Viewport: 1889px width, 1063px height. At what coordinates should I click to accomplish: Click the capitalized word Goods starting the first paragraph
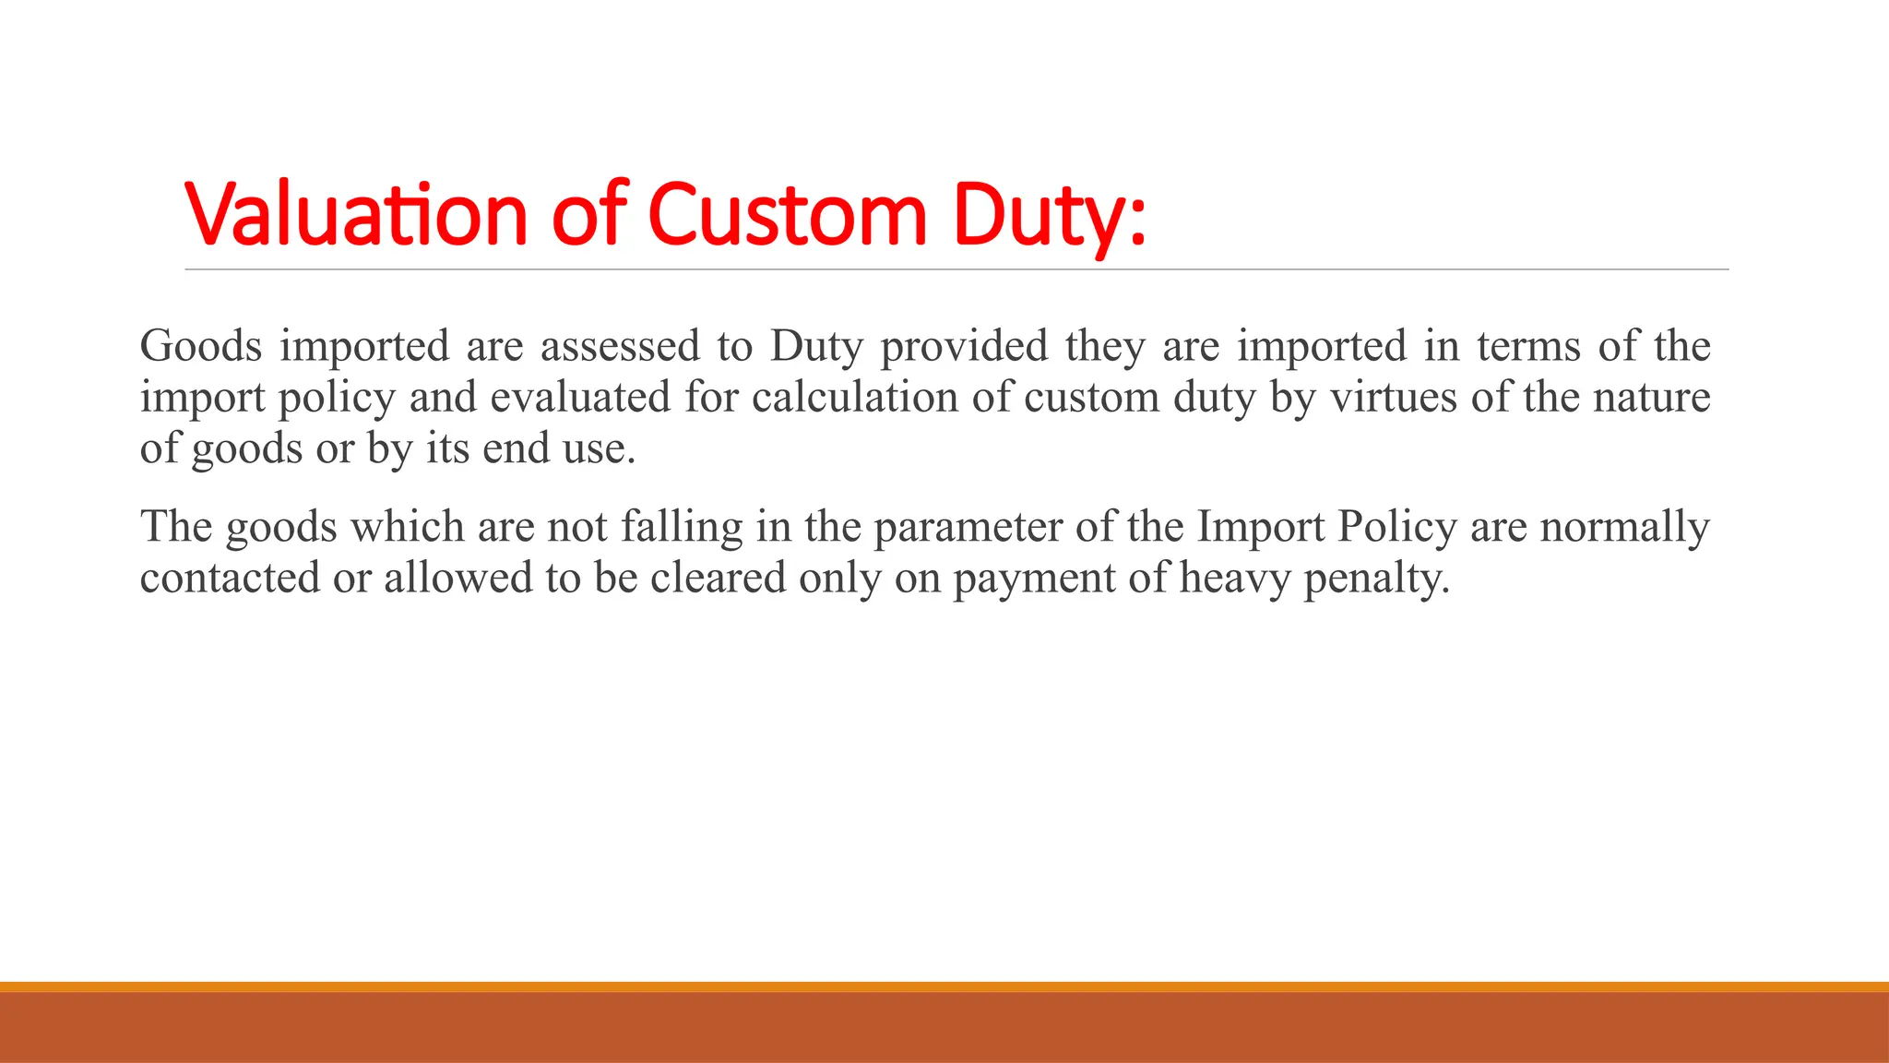(x=201, y=346)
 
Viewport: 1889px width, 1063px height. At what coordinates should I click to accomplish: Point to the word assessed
(x=620, y=346)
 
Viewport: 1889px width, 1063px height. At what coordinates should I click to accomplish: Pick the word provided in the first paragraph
(x=964, y=346)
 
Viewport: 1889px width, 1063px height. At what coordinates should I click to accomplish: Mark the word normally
(x=1625, y=527)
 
